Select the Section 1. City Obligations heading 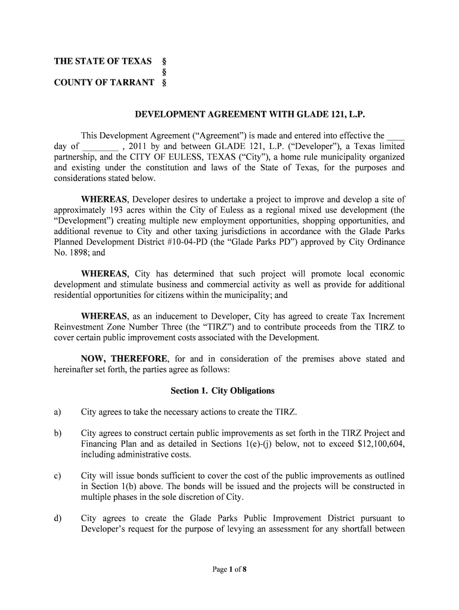(222, 391)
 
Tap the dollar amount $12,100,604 (378, 444)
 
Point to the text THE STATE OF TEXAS (103, 62)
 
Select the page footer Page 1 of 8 (229, 569)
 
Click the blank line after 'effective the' (396, 136)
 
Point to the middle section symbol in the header (164, 72)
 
